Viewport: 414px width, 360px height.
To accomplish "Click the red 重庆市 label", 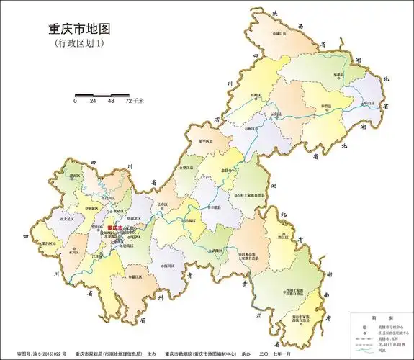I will (114, 228).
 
